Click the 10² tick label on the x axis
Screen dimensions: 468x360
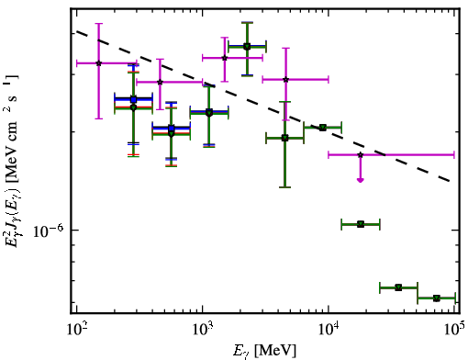point(76,329)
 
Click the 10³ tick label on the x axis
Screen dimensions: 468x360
point(203,329)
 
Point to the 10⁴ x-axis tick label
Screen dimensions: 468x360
point(329,329)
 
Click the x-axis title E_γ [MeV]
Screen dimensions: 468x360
point(264,351)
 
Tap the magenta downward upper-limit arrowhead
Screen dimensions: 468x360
point(361,180)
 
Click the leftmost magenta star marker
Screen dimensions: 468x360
point(98,63)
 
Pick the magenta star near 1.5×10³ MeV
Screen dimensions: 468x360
point(225,58)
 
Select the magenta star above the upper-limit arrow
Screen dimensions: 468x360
point(361,155)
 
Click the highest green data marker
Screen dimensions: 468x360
point(247,47)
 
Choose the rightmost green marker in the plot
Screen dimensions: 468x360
point(437,298)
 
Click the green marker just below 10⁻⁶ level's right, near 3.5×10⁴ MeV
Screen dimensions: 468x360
point(398,287)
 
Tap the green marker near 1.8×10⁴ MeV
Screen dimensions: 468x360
point(361,224)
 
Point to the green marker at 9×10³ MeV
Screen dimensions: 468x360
point(323,128)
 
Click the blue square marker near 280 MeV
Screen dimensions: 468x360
point(133,99)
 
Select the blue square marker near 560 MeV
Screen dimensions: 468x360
point(172,129)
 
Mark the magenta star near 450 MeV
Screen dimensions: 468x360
point(160,82)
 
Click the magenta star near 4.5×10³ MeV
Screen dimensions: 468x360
point(286,80)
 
